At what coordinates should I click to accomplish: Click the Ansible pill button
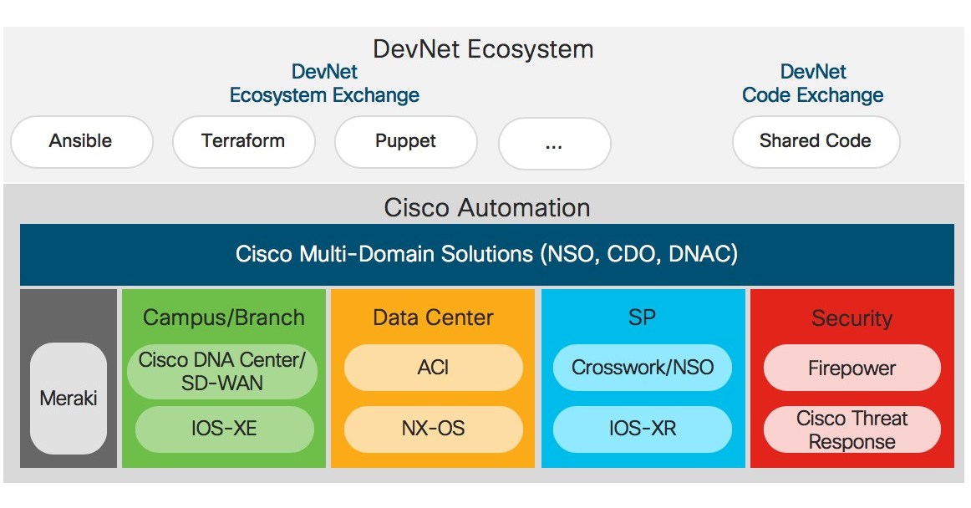(81, 141)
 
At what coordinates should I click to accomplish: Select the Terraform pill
(243, 141)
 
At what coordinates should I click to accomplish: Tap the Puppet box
(405, 141)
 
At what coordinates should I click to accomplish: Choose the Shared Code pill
(815, 141)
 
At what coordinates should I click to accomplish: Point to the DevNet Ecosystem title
(483, 48)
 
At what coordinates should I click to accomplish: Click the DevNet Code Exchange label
(813, 84)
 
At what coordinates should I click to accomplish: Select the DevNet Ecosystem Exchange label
(324, 84)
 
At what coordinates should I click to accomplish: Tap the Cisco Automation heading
(486, 207)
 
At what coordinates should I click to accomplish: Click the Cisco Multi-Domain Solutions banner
(486, 254)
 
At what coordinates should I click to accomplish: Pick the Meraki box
(69, 398)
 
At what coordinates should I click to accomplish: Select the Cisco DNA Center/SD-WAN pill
(222, 372)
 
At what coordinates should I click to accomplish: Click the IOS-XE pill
(222, 429)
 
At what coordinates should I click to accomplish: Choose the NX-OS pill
(433, 429)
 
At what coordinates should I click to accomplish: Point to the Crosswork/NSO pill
(643, 368)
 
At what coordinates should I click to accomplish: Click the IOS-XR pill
(643, 429)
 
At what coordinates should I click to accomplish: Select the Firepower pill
(852, 368)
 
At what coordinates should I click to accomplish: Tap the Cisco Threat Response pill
(852, 429)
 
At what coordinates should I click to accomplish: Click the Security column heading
(852, 318)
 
